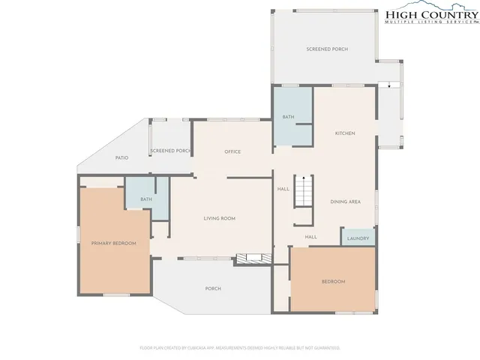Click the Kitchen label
[345, 133]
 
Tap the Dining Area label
[346, 202]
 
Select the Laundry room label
[358, 238]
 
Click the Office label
[232, 151]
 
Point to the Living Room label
[220, 218]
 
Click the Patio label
[121, 157]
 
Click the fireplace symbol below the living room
[249, 258]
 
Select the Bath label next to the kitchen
[288, 118]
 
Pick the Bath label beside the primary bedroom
[145, 199]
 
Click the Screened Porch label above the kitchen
[327, 49]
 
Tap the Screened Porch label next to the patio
[171, 151]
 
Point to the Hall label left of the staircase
[283, 189]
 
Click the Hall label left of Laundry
[310, 237]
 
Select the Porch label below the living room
[213, 288]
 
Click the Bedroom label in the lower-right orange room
[333, 281]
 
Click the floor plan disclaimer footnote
[240, 348]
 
